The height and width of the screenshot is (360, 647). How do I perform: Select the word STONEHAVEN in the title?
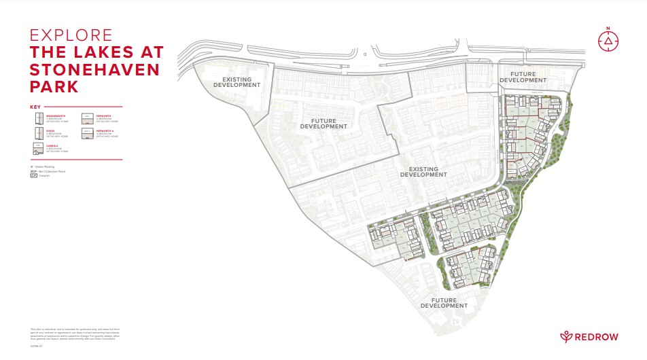click(x=94, y=70)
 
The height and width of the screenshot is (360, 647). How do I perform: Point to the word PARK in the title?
click(x=54, y=88)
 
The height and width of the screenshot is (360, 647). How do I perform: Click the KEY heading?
click(x=35, y=107)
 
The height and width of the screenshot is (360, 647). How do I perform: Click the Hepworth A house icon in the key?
click(x=87, y=134)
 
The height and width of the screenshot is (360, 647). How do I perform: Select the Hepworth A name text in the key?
click(x=105, y=130)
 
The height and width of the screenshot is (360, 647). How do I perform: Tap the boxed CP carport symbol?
click(x=33, y=175)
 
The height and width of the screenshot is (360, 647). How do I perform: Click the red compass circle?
click(x=608, y=42)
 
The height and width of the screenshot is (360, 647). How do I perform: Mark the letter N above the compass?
click(x=608, y=28)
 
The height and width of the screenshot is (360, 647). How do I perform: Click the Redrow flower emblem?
click(x=566, y=337)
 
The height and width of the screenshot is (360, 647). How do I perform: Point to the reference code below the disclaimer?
click(x=35, y=345)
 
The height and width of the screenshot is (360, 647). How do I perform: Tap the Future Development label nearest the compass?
click(x=523, y=77)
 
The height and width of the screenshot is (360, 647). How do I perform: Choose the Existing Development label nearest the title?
click(x=232, y=82)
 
